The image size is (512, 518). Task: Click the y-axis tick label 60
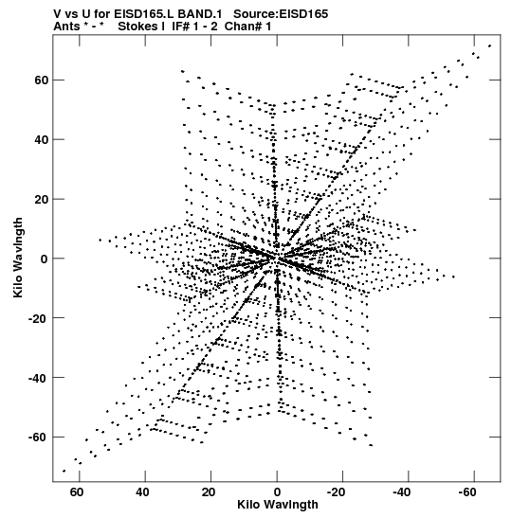42,80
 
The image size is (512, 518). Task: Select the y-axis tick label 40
42,140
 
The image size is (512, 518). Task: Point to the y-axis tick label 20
42,199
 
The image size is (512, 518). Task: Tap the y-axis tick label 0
45,259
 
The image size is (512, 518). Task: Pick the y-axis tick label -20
38,318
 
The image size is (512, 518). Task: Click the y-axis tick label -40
38,378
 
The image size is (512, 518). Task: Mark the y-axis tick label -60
38,438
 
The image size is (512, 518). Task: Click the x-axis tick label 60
77,492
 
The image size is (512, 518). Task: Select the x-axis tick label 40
142,492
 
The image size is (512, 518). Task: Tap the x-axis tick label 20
209,492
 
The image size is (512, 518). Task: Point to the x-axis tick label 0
277,492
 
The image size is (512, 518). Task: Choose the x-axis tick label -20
336,492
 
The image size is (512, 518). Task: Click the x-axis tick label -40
401,492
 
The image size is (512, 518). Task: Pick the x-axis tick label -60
467,492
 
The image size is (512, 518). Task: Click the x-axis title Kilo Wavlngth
278,505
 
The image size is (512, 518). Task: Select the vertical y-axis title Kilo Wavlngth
18,258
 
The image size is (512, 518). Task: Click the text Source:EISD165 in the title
281,14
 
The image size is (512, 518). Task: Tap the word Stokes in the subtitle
137,27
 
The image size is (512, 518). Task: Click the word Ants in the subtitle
66,27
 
